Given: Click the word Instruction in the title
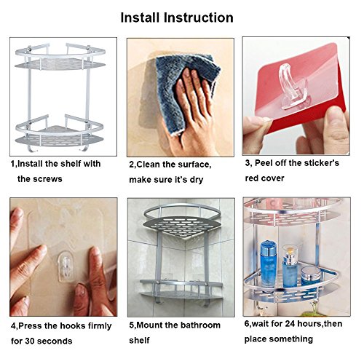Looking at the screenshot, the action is pyautogui.click(x=199, y=17).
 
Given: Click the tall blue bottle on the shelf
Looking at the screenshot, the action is pyautogui.click(x=269, y=264).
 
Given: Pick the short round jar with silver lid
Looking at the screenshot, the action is pyautogui.click(x=311, y=277).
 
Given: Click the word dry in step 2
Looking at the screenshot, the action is pyautogui.click(x=197, y=180).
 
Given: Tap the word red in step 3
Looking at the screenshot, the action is pyautogui.click(x=252, y=178).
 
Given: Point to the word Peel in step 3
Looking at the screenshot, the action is pyautogui.click(x=264, y=163).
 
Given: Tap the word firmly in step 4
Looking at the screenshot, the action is pyautogui.click(x=100, y=326).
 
